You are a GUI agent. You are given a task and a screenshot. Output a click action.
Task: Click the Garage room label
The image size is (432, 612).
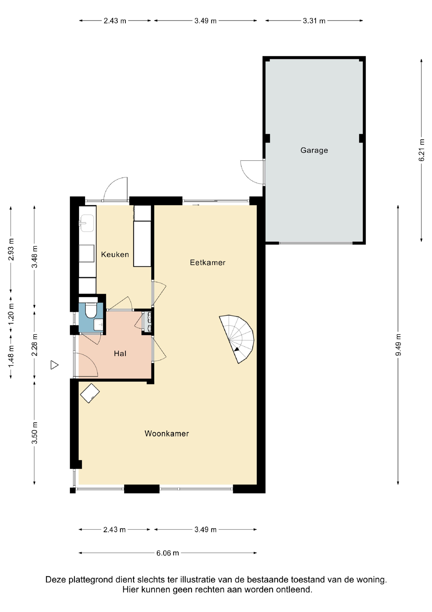pyautogui.click(x=314, y=150)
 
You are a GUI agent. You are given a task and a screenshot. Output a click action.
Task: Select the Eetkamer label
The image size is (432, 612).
pyautogui.click(x=208, y=263)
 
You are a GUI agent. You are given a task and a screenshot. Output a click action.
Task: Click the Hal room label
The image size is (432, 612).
pyautogui.click(x=120, y=353)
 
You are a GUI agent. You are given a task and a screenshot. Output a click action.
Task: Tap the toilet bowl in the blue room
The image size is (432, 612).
pyautogui.click(x=91, y=310)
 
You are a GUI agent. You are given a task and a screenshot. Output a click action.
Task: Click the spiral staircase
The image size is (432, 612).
pyautogui.click(x=236, y=339)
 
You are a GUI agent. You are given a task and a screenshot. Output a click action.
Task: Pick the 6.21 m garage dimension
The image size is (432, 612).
pyautogui.click(x=421, y=150)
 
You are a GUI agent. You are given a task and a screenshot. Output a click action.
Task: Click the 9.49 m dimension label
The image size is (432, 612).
pyautogui.click(x=398, y=345)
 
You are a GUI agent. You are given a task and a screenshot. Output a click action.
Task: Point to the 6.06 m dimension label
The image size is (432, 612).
pyautogui.click(x=168, y=553)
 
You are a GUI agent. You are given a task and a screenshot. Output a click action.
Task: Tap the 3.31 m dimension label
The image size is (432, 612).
pyautogui.click(x=314, y=21)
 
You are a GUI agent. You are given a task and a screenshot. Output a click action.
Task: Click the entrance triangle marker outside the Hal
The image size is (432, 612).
pyautogui.click(x=54, y=365)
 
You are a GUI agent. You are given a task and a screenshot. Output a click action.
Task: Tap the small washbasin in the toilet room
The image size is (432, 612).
pyautogui.click(x=98, y=325)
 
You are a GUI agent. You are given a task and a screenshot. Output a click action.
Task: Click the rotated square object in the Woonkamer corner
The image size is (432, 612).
pyautogui.click(x=90, y=393)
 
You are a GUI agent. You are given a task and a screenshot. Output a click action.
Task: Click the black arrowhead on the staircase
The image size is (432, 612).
pyautogui.click(x=236, y=349)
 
